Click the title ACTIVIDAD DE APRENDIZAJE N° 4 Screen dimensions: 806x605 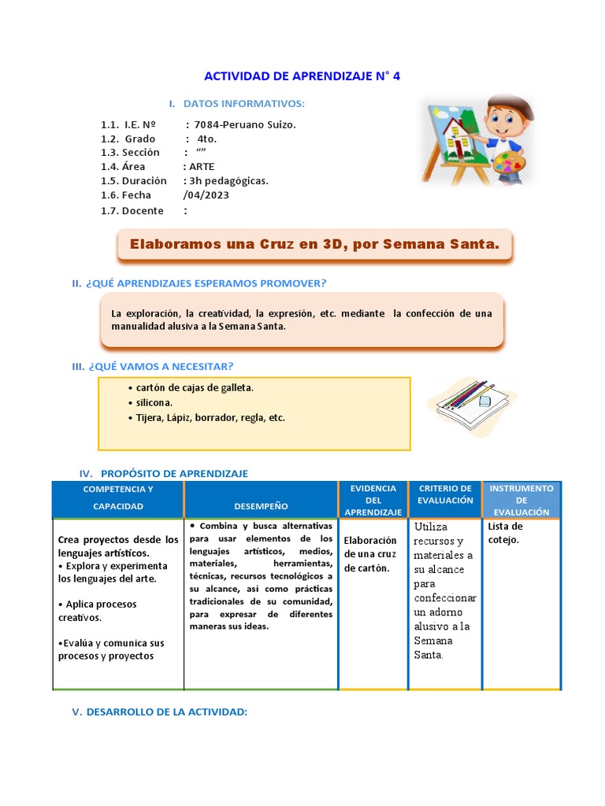pos(302,76)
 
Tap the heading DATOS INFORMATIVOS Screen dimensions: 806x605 pos(243,104)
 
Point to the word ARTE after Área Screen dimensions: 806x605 pos(202,167)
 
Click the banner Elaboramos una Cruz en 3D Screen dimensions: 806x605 pos(314,245)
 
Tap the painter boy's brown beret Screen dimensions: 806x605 pos(515,106)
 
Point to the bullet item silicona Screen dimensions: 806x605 pos(154,403)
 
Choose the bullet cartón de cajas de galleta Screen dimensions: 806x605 pos(195,388)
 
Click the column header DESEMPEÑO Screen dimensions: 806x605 pos(261,506)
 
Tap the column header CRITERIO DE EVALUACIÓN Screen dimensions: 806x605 pos(445,494)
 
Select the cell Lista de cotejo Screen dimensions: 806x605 pos(505,533)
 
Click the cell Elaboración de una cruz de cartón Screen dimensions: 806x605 pos(370,554)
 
